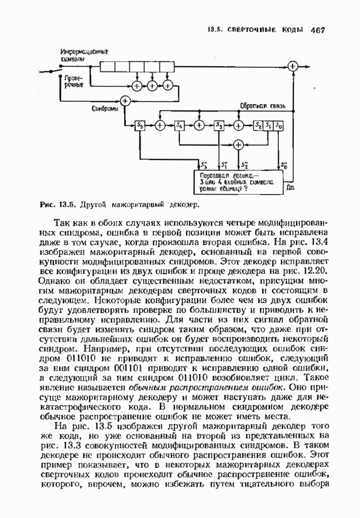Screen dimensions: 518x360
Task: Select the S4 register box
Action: tap(179, 125)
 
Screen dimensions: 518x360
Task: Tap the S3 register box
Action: tap(219, 125)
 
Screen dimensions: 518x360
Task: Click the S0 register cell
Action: tap(279, 125)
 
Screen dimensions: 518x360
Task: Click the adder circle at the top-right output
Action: tap(293, 67)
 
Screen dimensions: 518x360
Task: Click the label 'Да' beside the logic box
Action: tap(290, 186)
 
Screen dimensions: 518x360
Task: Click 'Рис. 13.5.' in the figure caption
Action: tap(58, 204)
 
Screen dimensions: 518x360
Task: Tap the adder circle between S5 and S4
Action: tap(160, 125)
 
